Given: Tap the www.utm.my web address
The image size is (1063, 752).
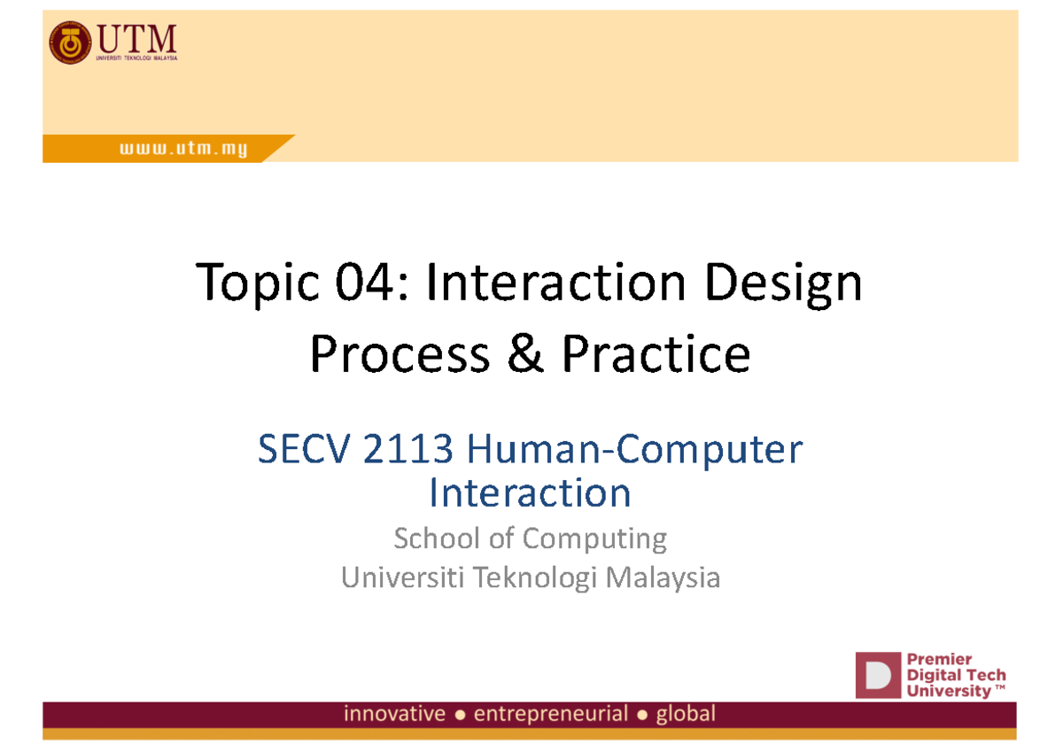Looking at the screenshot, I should (x=183, y=150).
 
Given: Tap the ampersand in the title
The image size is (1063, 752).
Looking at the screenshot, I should (x=524, y=354).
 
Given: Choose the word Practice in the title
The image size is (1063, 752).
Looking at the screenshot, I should (x=656, y=354).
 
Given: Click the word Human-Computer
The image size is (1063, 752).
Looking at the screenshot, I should (x=635, y=451).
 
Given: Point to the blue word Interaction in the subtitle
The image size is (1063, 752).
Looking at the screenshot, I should (x=530, y=492).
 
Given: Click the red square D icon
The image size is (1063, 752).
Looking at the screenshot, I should (x=877, y=676).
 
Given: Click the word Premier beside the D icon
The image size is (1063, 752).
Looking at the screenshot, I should (x=940, y=659).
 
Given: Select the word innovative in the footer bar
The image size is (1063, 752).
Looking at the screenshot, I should (x=394, y=714).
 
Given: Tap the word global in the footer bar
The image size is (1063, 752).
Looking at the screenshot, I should (x=685, y=714).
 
